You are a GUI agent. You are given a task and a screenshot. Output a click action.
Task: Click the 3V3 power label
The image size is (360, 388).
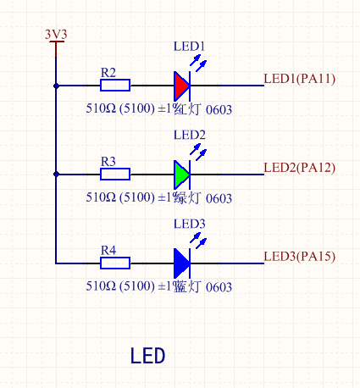click(56, 34)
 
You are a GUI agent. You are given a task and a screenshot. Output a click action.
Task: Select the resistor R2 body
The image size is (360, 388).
click(114, 86)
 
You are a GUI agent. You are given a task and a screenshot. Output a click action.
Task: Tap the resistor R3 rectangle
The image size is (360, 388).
click(114, 175)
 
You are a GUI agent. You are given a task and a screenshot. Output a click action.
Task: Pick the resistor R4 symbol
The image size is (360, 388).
click(114, 263)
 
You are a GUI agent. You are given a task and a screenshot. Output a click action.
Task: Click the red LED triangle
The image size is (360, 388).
click(181, 86)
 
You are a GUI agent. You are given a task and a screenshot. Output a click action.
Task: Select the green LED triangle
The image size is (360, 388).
click(181, 175)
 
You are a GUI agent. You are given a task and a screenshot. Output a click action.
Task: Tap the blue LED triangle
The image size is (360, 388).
click(181, 263)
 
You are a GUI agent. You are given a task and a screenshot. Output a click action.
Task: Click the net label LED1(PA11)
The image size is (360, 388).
click(300, 79)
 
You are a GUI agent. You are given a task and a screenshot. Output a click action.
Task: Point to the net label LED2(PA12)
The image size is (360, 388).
click(300, 167)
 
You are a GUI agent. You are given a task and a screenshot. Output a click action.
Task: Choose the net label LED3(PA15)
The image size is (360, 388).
click(300, 256)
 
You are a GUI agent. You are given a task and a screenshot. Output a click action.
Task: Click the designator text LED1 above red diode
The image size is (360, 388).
click(190, 46)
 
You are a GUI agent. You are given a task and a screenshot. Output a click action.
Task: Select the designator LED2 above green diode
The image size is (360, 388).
click(190, 135)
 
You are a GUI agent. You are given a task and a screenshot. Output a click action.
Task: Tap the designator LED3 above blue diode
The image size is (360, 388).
click(190, 224)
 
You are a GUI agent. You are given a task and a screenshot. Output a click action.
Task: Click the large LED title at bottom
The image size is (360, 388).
click(147, 355)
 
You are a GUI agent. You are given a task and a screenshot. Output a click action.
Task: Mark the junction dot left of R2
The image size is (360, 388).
click(56, 86)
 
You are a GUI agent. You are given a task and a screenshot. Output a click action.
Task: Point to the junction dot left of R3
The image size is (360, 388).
click(56, 175)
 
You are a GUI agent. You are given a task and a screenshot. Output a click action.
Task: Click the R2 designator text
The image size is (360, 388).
click(108, 72)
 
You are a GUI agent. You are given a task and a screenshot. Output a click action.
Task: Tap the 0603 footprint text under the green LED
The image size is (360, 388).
click(219, 198)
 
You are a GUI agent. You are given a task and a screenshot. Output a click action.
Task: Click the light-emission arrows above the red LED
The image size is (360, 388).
click(198, 62)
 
